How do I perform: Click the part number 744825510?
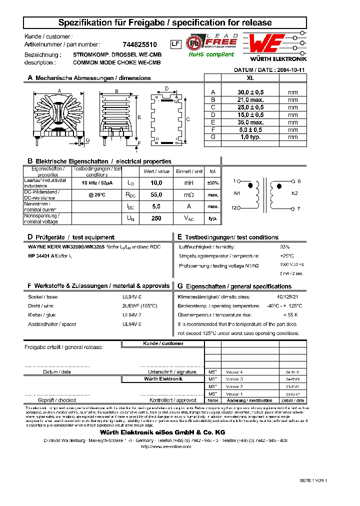[140, 44]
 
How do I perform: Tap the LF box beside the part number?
[175, 44]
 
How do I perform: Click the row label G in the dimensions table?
[213, 136]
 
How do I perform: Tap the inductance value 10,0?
[156, 183]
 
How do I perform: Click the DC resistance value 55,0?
[156, 195]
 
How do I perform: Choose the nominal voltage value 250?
[156, 218]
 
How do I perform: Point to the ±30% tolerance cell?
[213, 183]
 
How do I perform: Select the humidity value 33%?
[285, 247]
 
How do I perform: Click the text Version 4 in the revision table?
[234, 372]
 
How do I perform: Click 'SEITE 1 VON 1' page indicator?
[313, 480]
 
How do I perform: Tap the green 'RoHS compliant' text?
[211, 55]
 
